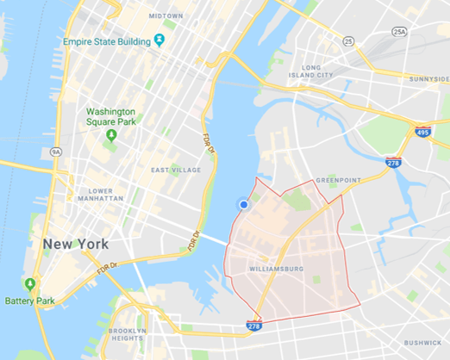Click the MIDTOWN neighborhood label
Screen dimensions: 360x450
(x=166, y=16)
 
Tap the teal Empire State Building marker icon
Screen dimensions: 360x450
(x=159, y=40)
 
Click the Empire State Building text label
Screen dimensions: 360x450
(x=105, y=40)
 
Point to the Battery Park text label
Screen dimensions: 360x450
(x=31, y=301)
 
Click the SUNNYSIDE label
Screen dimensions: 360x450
(x=429, y=78)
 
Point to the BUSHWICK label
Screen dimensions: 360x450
(x=422, y=342)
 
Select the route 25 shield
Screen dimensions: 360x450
(x=349, y=40)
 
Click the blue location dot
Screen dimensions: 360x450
(x=244, y=204)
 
